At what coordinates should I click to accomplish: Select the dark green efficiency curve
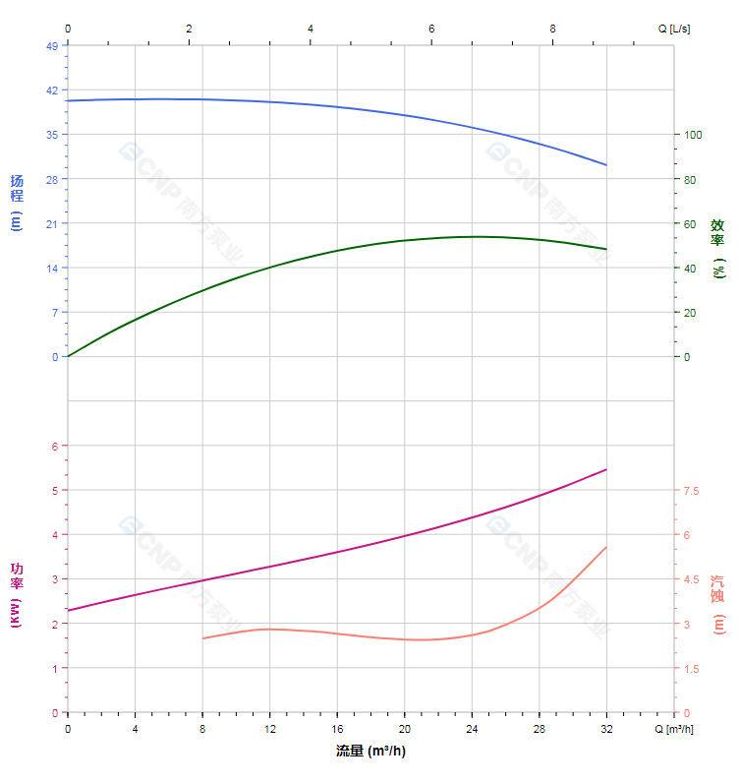337,250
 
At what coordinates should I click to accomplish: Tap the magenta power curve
337,552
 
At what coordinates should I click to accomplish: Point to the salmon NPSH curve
337,633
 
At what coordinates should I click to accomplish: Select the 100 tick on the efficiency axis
694,135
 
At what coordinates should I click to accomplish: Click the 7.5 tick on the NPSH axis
692,491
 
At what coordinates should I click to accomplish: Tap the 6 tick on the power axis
54,447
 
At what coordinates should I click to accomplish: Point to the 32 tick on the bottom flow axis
606,729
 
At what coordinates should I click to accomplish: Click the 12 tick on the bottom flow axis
269,729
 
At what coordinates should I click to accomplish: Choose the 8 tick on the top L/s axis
552,29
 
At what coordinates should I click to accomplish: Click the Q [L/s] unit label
674,29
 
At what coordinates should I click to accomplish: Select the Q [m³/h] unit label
675,729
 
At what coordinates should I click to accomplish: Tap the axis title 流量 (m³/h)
370,752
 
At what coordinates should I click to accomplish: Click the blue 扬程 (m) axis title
16,201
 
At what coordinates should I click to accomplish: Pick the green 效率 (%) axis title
717,248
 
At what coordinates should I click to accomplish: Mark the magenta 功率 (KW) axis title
16,595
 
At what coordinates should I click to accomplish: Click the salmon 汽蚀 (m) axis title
717,604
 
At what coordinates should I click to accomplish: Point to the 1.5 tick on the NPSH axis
692,669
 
